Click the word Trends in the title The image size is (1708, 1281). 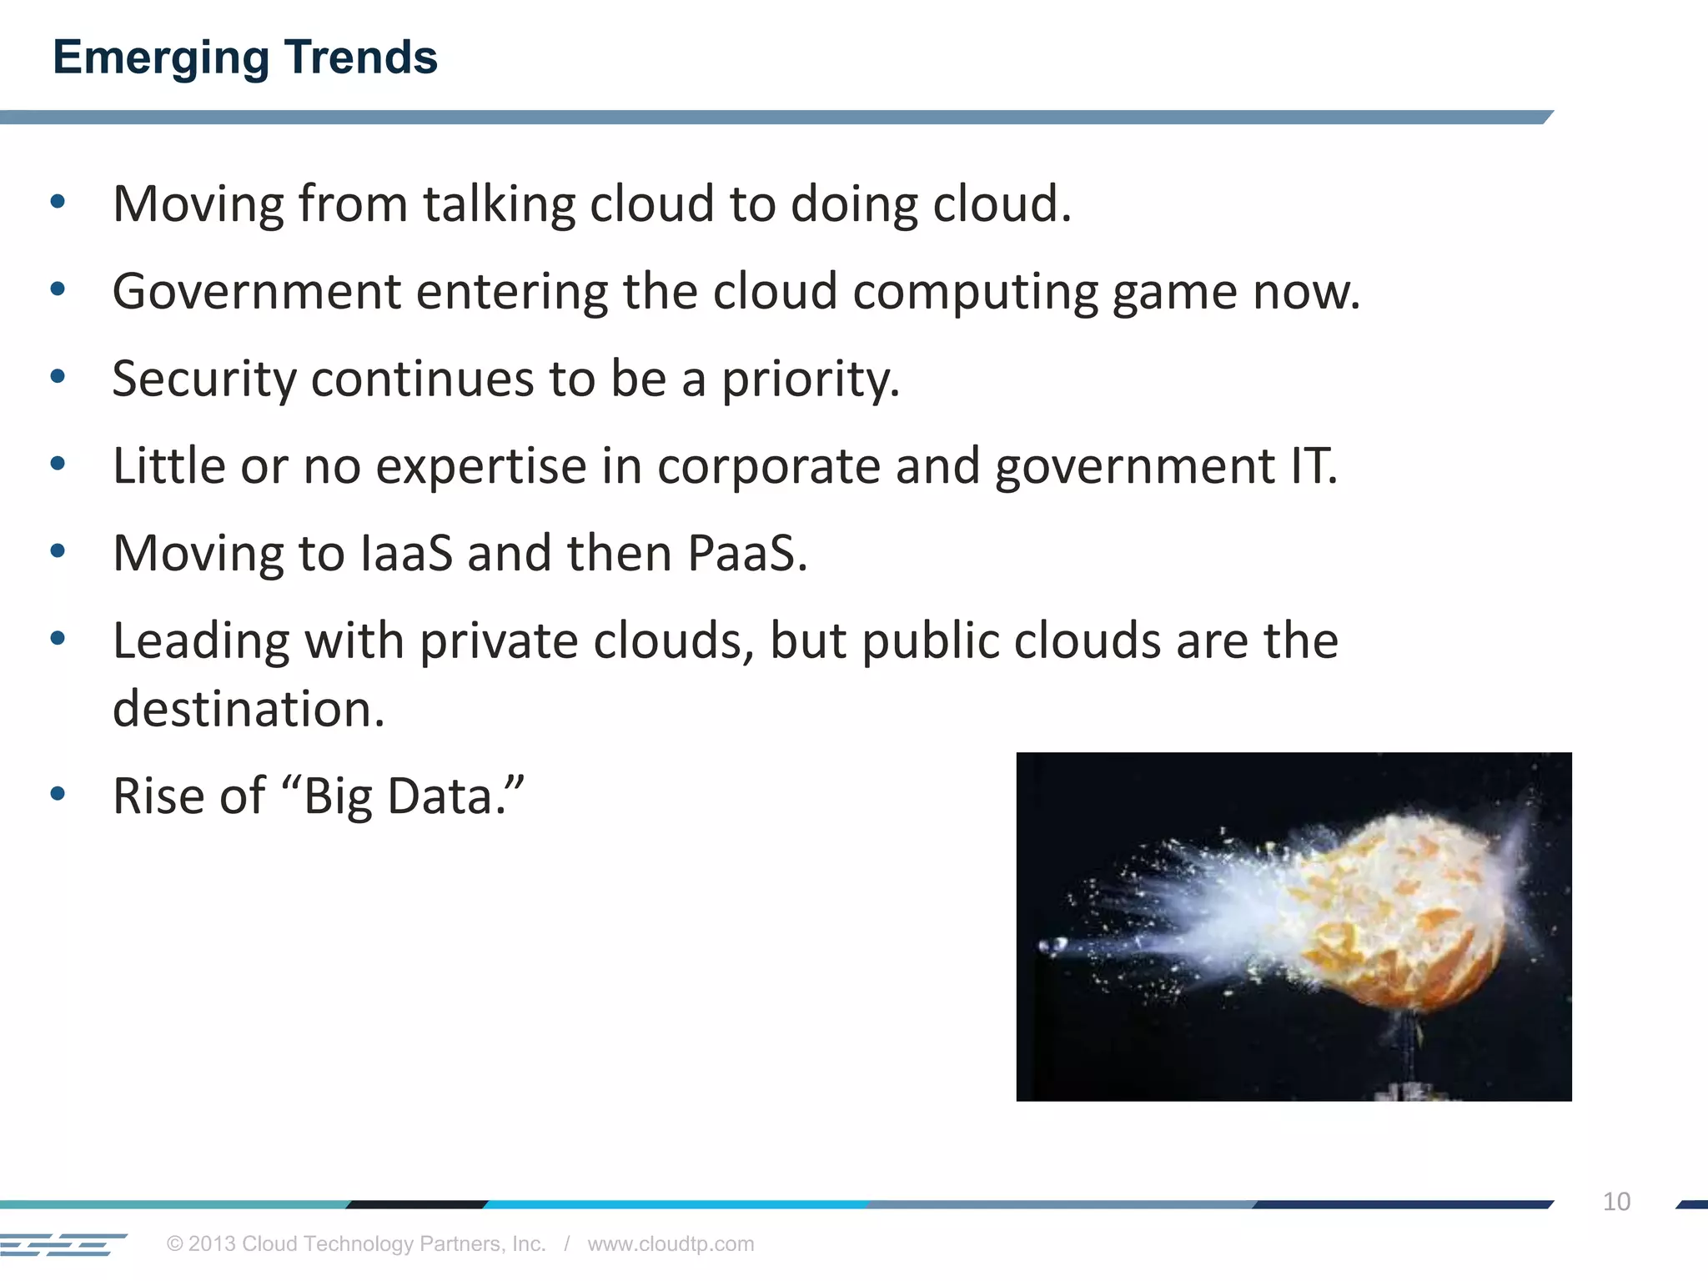360,58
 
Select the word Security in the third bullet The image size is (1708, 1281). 204,379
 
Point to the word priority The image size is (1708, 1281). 810,379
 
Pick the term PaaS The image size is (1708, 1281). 746,554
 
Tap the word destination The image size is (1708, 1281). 249,710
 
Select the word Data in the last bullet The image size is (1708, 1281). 455,796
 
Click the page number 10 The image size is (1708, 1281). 1616,1202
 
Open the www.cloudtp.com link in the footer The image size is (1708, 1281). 671,1243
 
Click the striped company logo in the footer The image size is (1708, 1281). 63,1244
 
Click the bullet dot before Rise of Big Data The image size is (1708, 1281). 58,794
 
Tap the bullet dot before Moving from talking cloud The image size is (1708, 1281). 58,202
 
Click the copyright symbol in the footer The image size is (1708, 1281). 174,1244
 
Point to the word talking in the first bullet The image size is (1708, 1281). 498,204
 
